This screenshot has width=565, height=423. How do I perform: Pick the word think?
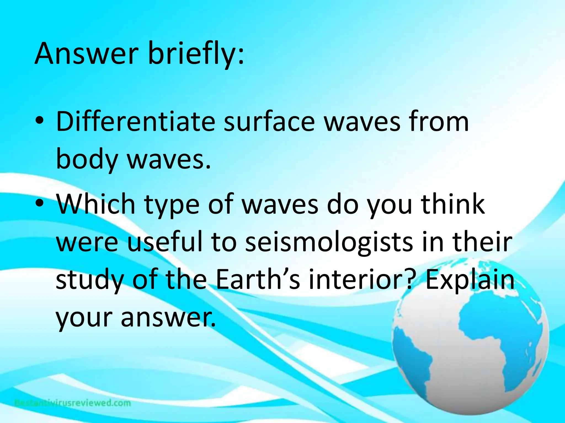pos(452,204)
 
